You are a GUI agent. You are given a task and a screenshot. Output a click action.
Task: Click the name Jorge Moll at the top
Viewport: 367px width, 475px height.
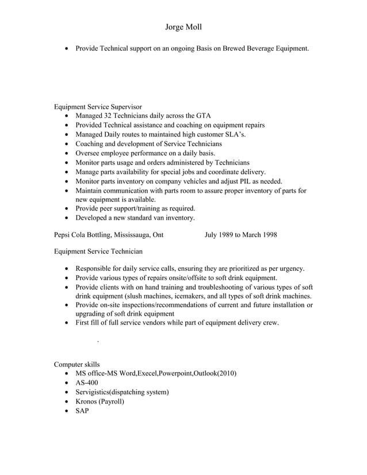(183, 27)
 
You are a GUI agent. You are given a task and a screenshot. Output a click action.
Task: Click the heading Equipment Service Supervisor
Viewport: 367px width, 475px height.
(98, 106)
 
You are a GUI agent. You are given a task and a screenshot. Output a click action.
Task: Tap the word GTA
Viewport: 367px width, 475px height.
(203, 116)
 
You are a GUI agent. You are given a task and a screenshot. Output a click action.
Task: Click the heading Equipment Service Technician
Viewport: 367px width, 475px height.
(98, 251)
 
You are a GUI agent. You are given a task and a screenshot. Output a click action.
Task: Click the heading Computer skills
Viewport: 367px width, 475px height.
(77, 364)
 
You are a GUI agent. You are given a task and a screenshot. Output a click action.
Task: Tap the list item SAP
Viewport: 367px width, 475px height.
(82, 411)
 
